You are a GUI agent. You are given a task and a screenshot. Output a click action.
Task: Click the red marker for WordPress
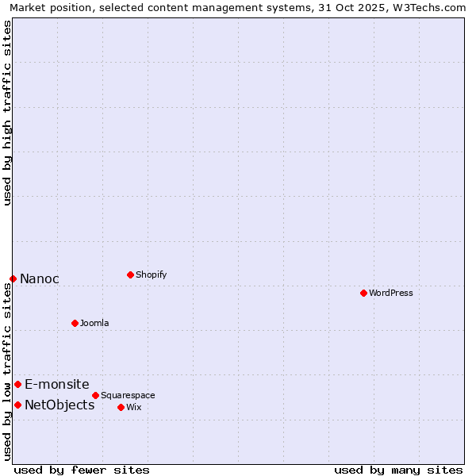[363, 293]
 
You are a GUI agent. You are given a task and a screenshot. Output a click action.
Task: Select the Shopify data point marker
[130, 274]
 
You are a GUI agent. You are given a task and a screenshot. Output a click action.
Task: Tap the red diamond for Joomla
[75, 323]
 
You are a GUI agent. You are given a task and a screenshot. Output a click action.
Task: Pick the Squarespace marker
[95, 395]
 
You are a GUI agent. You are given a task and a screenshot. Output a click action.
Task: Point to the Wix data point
[121, 407]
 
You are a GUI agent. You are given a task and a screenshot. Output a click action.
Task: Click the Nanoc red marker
[13, 278]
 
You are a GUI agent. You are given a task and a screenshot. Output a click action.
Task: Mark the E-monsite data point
[17, 384]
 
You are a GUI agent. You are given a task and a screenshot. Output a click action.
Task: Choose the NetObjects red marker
[17, 405]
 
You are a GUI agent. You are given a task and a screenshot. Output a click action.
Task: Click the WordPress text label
[391, 293]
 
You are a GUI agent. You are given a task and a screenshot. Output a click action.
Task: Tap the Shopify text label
[151, 274]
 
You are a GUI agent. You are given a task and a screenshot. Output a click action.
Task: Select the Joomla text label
[94, 323]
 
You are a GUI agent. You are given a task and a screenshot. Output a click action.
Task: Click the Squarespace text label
[128, 395]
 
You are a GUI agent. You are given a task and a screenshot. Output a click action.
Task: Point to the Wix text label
[133, 407]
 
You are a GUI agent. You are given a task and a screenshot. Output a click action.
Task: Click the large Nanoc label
[39, 278]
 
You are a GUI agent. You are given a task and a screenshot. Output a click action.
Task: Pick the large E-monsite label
[56, 384]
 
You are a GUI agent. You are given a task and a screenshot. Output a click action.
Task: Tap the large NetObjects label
[59, 405]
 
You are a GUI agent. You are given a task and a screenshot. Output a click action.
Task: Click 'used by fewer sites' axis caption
[82, 470]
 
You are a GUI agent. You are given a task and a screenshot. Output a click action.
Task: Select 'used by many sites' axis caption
[398, 470]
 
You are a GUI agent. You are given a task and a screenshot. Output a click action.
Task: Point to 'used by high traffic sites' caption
[7, 113]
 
